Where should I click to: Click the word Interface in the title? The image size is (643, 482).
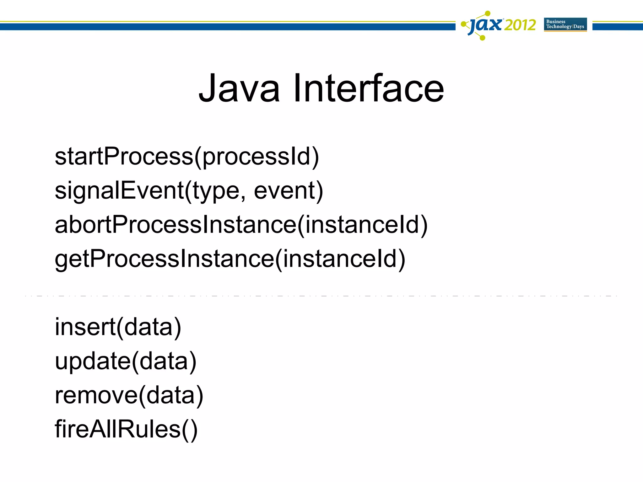point(369,88)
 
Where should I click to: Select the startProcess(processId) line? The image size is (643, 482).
point(187,157)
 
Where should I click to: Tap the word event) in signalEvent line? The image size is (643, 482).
point(288,190)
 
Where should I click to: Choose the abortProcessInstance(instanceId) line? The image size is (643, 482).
point(241,225)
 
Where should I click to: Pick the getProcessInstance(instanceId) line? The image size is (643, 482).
point(230,259)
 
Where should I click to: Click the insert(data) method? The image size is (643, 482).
point(118,327)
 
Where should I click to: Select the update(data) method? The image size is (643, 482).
point(126,361)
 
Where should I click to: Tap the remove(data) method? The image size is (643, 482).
point(129,395)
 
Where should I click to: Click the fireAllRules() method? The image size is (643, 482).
point(126,429)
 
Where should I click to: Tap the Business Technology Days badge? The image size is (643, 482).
point(565,24)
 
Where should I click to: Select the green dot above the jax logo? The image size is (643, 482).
point(488,13)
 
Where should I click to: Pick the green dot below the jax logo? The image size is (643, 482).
point(483,38)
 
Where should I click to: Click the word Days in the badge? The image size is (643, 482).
point(579,27)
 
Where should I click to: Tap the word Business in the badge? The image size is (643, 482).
point(556,22)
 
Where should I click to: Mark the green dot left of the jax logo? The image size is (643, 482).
point(463,24)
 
